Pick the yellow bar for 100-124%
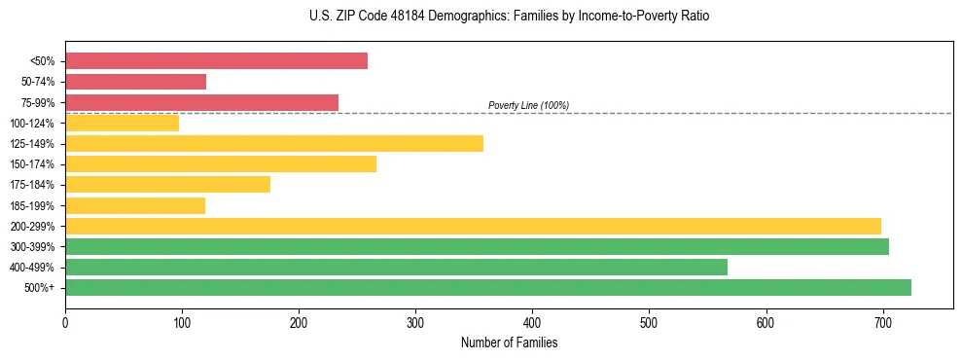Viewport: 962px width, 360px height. click(122, 123)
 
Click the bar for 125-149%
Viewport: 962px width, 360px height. click(273, 144)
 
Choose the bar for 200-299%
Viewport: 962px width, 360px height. click(473, 226)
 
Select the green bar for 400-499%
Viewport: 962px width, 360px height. click(396, 267)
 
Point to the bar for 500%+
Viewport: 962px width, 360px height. click(487, 287)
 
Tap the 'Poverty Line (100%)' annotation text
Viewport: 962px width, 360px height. click(528, 105)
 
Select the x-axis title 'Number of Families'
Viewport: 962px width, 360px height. click(509, 342)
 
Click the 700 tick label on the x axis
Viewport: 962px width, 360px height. click(883, 322)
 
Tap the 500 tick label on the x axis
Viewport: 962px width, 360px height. click(649, 322)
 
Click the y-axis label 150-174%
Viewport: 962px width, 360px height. click(32, 164)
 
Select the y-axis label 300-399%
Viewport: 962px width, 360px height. click(32, 247)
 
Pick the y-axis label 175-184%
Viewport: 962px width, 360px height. click(32, 185)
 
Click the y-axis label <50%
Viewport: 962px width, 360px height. click(42, 61)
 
